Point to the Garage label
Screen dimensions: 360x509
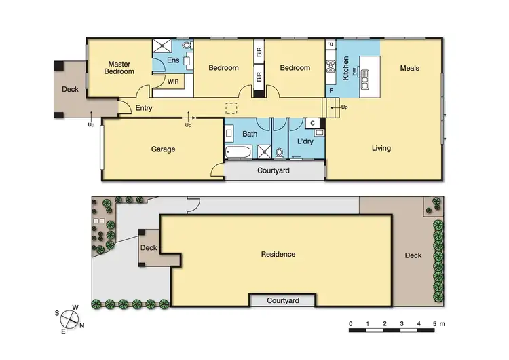pos(163,149)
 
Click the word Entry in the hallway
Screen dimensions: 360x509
pos(143,108)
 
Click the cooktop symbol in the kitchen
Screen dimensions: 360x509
pos(332,67)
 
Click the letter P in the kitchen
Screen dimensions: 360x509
pos(331,46)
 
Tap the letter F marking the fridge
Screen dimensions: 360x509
pos(331,90)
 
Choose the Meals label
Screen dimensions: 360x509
pos(409,68)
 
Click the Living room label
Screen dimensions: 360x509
pos(381,148)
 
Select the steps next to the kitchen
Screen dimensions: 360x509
pos(331,107)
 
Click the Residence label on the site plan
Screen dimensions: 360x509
pos(278,255)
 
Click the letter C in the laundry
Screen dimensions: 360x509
pos(312,123)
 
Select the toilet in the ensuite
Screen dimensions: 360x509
pos(187,46)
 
